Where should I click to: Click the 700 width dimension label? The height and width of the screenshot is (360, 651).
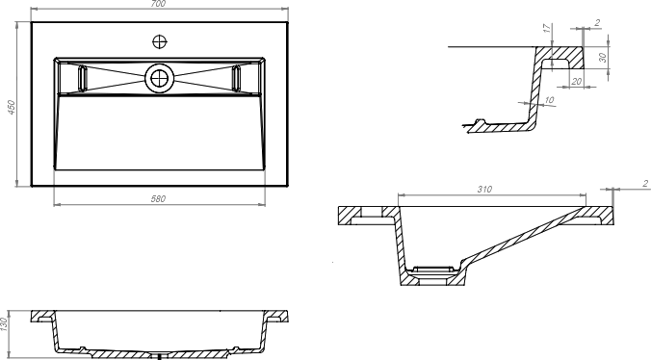coord(158,4)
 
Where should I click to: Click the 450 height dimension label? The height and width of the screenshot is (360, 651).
coord(12,107)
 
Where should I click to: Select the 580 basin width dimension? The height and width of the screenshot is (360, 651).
coord(158,198)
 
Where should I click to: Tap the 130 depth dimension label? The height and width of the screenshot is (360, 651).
coord(4,324)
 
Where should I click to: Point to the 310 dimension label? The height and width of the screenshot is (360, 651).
coord(484,190)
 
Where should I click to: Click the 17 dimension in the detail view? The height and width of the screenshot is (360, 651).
coord(548,28)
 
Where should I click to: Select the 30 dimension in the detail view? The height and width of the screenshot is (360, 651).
coord(604,57)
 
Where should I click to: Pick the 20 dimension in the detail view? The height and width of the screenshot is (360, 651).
coord(576,82)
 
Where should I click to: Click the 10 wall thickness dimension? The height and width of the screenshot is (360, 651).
coord(549,100)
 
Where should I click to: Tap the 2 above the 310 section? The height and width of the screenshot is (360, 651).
coord(645,183)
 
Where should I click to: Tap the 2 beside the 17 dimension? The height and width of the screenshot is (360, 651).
coord(597,23)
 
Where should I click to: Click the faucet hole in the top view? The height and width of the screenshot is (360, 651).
coord(160,41)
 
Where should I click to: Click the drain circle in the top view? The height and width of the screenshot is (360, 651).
coord(159,78)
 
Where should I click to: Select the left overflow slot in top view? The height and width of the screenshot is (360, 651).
coord(83,78)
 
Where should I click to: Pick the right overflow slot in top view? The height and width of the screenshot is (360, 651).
coord(236,78)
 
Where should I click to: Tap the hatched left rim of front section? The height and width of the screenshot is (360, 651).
coord(41,315)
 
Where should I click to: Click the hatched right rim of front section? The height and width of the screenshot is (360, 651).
coord(277,315)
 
